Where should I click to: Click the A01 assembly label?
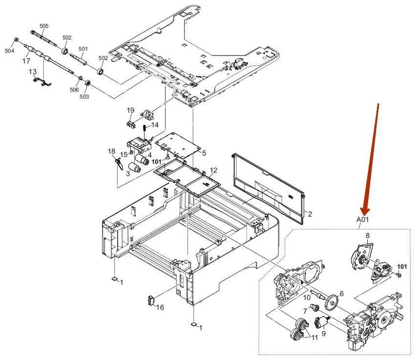point(362,220)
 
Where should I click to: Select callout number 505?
point(44,25)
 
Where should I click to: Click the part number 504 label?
point(10,50)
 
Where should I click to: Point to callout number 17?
point(26,61)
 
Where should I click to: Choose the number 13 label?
point(33,72)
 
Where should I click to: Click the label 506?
point(74,90)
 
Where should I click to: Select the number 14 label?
point(155,125)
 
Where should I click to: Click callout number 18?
point(111,152)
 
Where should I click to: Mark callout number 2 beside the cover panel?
point(309,214)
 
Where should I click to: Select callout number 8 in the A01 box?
point(367,236)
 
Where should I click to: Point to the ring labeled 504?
point(16,39)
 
